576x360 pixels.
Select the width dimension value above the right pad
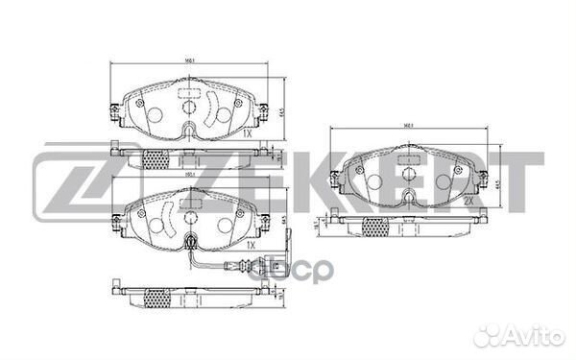click(409, 126)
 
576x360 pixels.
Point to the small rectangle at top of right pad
click(411, 159)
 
